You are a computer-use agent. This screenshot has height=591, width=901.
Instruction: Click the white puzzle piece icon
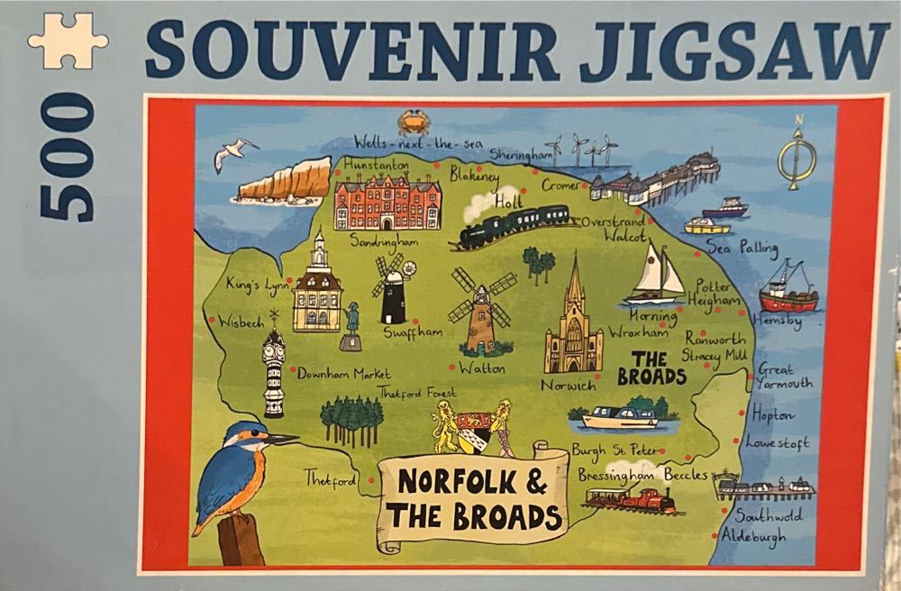(x=68, y=41)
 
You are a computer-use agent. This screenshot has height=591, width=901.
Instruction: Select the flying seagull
(x=233, y=155)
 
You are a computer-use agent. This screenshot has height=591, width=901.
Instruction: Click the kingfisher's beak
(x=283, y=439)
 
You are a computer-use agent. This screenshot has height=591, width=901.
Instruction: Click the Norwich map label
(x=569, y=386)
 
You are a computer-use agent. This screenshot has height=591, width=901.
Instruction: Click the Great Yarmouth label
(x=782, y=376)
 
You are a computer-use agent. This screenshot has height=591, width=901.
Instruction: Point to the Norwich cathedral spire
(x=574, y=279)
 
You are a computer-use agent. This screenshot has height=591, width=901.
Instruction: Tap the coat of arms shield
(x=473, y=430)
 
